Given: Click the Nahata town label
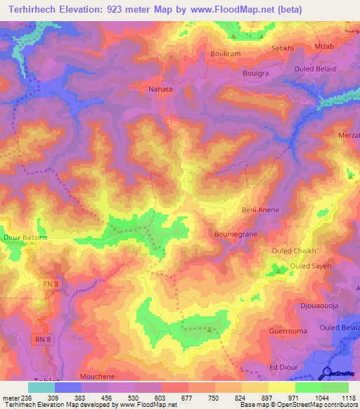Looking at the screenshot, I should (160, 90).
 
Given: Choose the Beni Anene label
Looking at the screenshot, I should (261, 210).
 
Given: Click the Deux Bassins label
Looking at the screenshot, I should (25, 238).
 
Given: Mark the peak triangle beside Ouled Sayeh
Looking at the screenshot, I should (281, 268).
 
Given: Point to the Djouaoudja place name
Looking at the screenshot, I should (320, 306).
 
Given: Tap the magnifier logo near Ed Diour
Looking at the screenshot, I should (326, 373).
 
